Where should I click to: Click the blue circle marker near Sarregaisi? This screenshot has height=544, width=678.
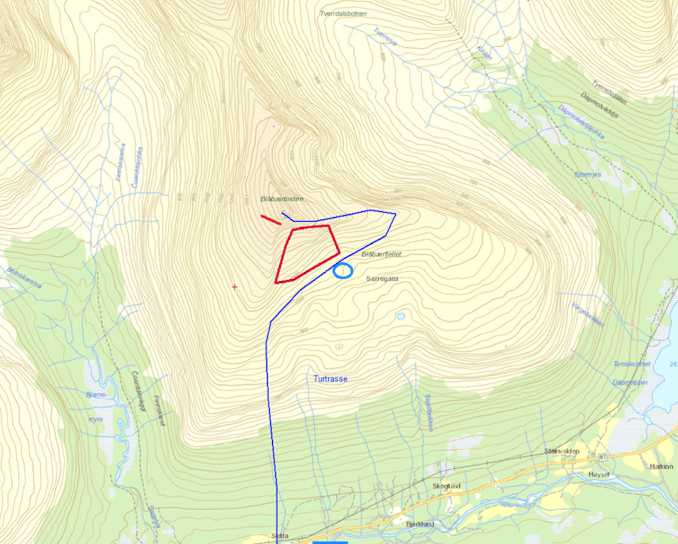[343, 271]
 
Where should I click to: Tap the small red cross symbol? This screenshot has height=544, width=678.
[235, 287]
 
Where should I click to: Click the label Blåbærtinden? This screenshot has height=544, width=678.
[282, 199]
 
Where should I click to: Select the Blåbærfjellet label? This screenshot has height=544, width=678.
[381, 254]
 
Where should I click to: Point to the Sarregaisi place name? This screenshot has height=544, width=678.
[382, 279]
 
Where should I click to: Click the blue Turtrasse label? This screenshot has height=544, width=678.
[330, 379]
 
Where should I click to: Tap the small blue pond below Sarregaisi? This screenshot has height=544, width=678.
[400, 316]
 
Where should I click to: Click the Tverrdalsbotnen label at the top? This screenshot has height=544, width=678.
[343, 14]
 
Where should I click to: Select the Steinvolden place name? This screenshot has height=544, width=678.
[562, 451]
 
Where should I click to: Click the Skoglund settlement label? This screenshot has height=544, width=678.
[447, 486]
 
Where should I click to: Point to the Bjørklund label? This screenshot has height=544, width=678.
[420, 524]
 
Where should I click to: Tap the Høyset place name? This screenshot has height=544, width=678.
[599, 475]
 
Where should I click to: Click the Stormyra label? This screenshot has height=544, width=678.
[587, 174]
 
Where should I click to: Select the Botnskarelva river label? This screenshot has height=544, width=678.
[24, 278]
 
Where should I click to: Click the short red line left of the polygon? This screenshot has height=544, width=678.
[271, 220]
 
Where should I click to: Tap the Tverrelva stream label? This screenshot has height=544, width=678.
[385, 37]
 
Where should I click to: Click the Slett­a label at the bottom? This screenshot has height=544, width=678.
[280, 536]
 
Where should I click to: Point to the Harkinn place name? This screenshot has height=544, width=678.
[661, 467]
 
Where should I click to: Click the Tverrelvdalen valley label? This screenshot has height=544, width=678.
[609, 93]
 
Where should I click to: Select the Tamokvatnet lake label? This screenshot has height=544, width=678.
[631, 364]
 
